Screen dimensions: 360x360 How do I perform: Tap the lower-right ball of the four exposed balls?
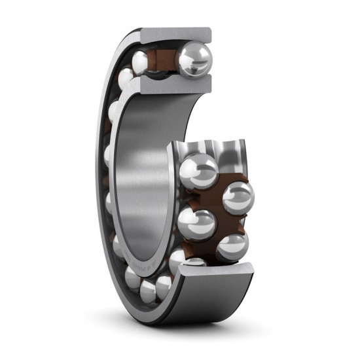click(x=232, y=248)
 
